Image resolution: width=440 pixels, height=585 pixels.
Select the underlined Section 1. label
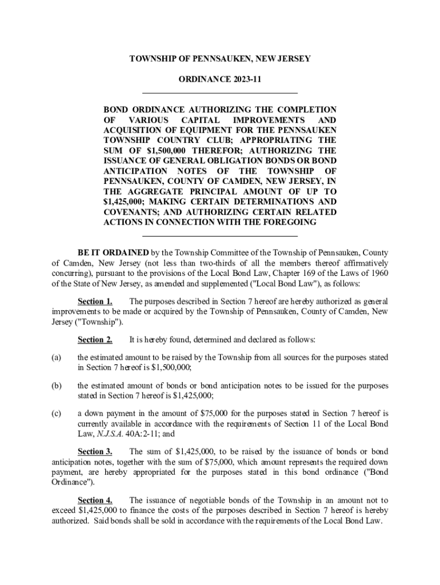click(x=95, y=301)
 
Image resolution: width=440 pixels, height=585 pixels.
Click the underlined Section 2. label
click(x=95, y=340)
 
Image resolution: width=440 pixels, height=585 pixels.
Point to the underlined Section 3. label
click(x=95, y=451)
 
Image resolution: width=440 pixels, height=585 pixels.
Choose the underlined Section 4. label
click(x=95, y=500)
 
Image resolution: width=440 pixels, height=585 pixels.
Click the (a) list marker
click(x=56, y=358)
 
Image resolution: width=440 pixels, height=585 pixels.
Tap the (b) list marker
click(x=57, y=386)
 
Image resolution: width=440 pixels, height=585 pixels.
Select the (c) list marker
click(x=56, y=413)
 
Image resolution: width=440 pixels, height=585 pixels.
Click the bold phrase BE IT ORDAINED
click(x=114, y=252)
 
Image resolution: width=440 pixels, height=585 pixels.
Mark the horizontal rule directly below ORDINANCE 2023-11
click(x=219, y=92)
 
